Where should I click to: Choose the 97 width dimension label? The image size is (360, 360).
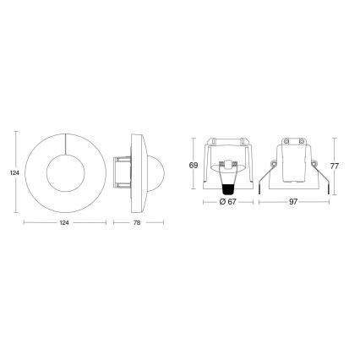tap(293, 204)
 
